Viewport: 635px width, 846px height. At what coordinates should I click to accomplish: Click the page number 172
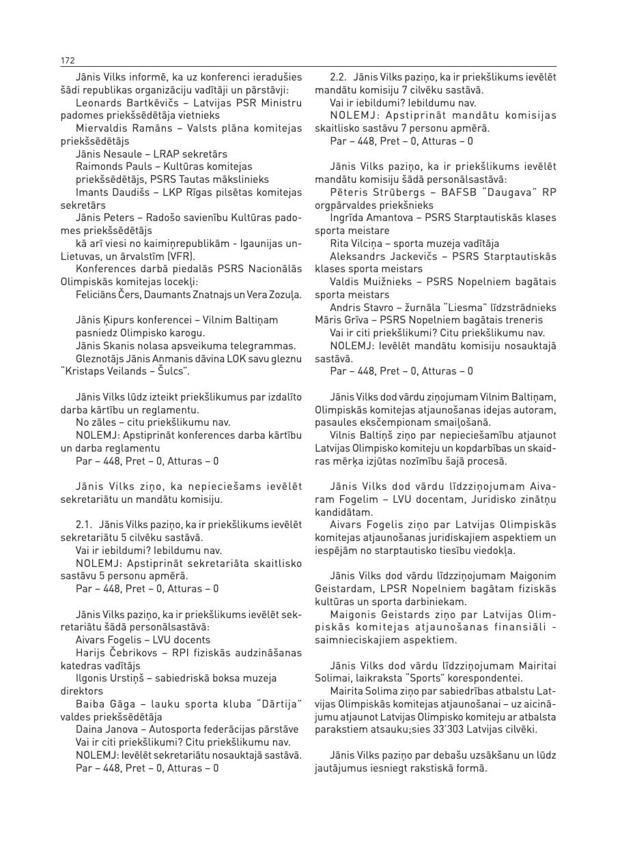[67, 61]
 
